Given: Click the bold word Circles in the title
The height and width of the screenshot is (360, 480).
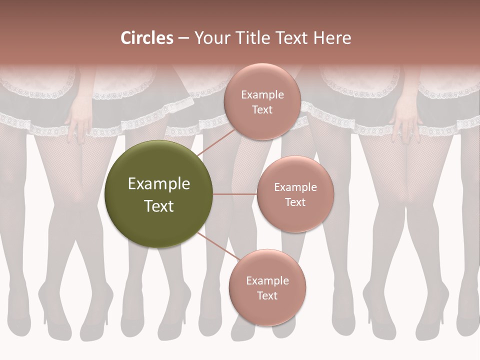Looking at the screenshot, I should [147, 38].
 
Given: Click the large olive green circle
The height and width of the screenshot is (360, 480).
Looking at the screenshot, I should [159, 194].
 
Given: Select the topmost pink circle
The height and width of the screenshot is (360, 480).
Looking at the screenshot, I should [262, 101].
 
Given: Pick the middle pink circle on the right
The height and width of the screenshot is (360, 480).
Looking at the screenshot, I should [295, 194].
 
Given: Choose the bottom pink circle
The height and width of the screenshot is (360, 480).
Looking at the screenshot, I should [267, 287].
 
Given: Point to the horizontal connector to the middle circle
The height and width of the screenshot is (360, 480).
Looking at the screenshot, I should [235, 194].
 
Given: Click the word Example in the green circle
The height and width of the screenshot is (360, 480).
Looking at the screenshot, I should [159, 184].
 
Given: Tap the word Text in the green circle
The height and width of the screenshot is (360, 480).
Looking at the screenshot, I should [159, 206].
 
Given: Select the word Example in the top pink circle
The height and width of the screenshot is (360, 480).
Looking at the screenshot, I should [262, 95].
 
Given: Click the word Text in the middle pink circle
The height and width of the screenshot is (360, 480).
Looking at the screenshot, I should [295, 202].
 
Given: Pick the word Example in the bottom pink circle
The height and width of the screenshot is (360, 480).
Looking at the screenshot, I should [267, 280].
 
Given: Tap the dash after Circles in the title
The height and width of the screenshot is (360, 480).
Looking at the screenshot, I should [183, 38].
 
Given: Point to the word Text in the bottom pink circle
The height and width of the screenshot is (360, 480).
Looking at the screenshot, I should [267, 295].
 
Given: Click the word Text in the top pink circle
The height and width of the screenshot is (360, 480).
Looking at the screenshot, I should [262, 109].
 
